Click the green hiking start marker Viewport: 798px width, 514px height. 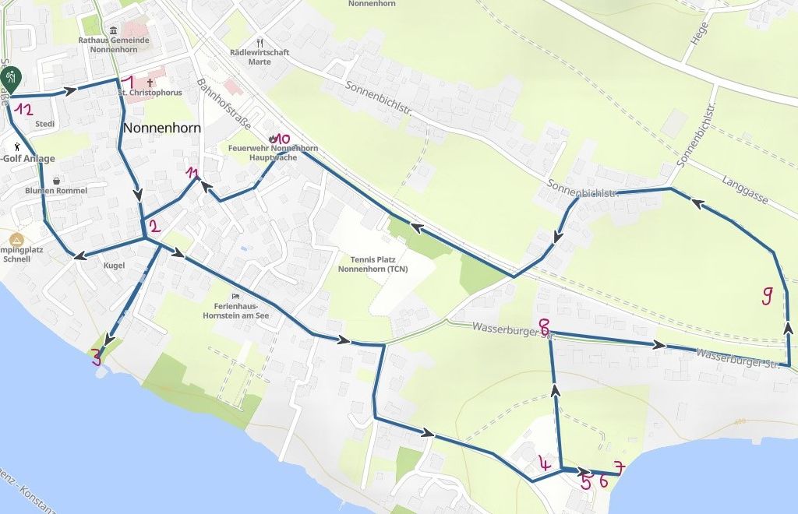coord(12,77)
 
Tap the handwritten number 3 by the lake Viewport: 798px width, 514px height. coord(97,357)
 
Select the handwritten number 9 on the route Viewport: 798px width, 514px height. coord(767,295)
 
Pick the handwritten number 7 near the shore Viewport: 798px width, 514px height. coord(619,468)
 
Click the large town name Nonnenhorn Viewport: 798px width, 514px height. coord(162,128)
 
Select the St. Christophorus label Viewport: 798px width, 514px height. coord(150,93)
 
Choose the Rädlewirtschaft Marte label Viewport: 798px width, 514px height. coord(260,57)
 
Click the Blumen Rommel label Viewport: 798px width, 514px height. coord(56,191)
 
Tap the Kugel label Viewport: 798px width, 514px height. coord(114,266)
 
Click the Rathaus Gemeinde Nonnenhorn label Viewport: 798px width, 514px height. coord(114,44)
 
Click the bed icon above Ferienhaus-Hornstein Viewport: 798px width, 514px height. coord(235,296)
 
